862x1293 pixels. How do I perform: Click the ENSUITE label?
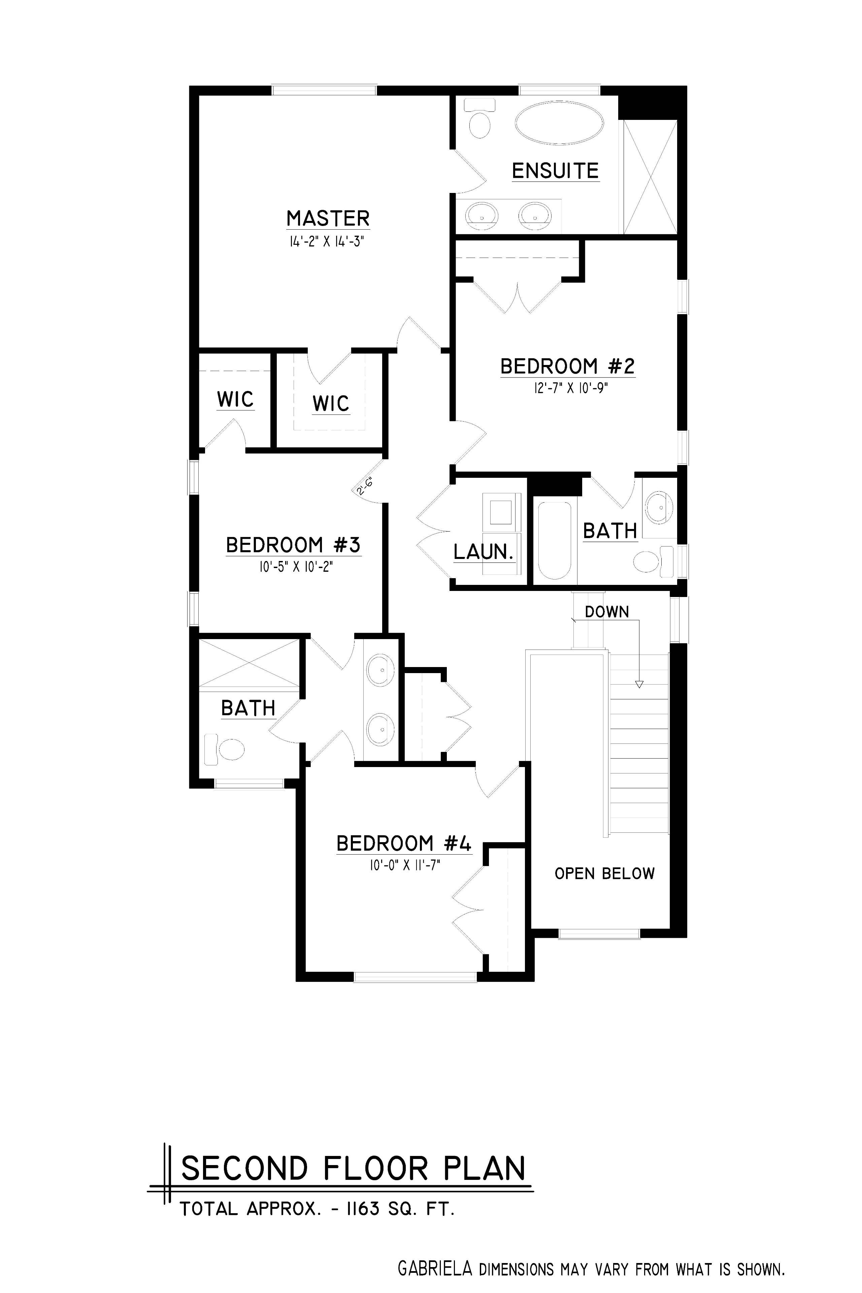(x=555, y=171)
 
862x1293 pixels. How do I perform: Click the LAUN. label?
(x=484, y=552)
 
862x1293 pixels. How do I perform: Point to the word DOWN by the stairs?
(x=607, y=612)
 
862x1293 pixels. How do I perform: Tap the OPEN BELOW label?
(x=605, y=873)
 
